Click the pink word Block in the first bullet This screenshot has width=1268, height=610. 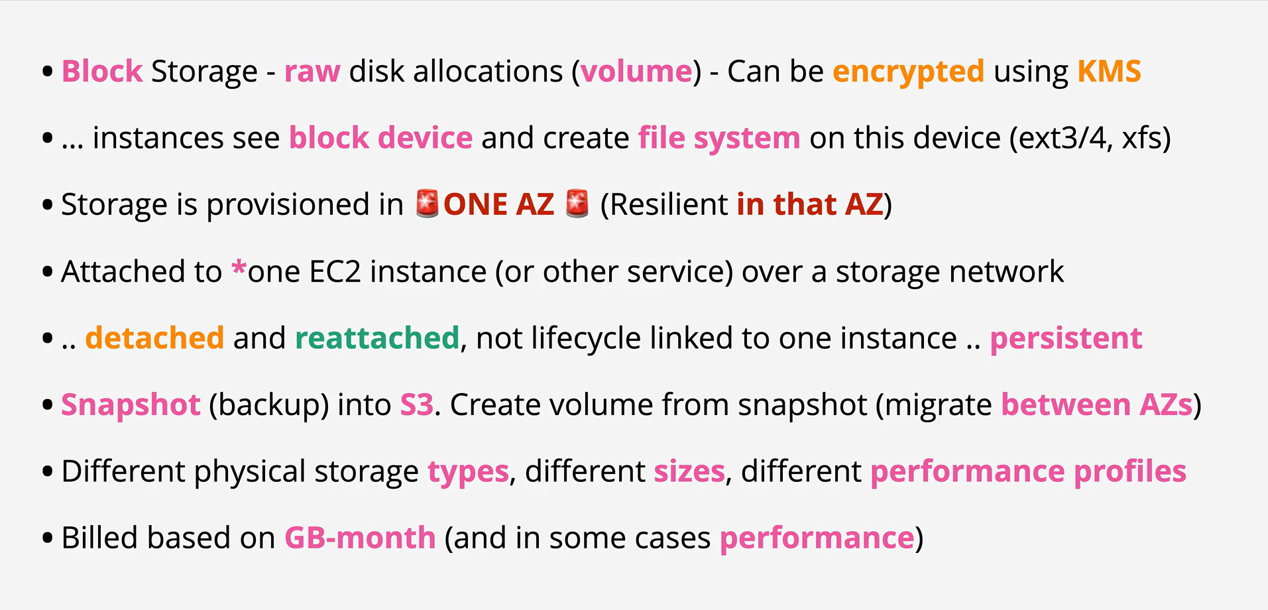coord(102,71)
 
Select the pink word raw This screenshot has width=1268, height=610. coord(312,72)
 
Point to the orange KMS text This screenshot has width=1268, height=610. coord(1109,71)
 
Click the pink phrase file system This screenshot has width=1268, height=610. coord(719,139)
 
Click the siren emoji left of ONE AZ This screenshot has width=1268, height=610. coord(428,204)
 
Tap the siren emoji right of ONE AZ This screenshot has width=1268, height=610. coord(577,204)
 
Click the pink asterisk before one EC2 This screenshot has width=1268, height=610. coord(239,269)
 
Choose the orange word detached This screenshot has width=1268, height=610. coord(155,338)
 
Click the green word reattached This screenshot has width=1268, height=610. coord(377,338)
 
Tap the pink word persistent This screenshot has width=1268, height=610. coord(1066,339)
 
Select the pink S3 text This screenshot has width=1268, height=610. coord(416,404)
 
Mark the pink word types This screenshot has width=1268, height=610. coord(469,472)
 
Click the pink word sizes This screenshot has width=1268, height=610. coord(689,471)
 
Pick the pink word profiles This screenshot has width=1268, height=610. coord(1130,471)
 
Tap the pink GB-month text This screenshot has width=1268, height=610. coord(360,538)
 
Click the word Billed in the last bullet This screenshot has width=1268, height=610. coord(100,538)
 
